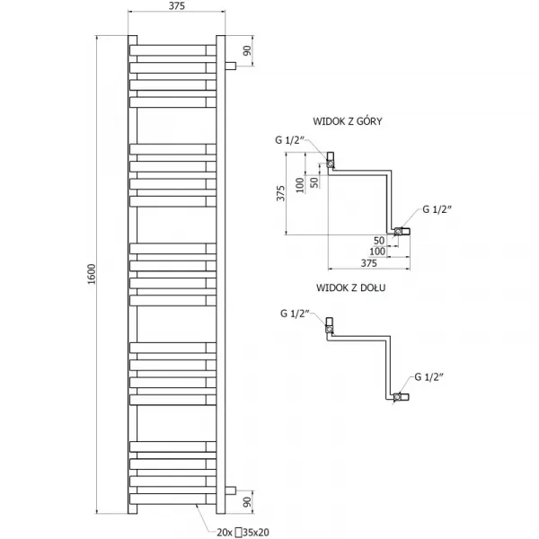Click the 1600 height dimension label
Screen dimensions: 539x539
[92, 274]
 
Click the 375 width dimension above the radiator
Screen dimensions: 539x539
[177, 6]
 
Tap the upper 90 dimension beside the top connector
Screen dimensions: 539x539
[247, 50]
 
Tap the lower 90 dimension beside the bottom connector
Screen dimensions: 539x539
[247, 501]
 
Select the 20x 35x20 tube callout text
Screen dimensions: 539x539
[243, 532]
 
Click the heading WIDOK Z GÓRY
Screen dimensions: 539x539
[347, 121]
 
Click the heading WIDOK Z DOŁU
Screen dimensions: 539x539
[350, 287]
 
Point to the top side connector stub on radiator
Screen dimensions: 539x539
[230, 66]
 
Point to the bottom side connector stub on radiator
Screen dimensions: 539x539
[230, 490]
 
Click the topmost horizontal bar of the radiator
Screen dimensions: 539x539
[172, 50]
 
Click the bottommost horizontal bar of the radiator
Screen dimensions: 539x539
[172, 499]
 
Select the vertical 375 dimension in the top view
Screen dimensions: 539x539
[281, 193]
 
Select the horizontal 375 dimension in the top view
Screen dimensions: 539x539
[369, 263]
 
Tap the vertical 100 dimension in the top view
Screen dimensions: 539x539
[300, 184]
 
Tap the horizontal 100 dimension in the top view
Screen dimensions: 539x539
[377, 252]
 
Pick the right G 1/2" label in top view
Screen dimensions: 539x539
[437, 209]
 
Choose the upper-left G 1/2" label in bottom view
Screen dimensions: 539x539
[295, 314]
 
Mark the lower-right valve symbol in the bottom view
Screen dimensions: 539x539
[398, 397]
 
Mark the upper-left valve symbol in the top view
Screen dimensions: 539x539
[330, 163]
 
